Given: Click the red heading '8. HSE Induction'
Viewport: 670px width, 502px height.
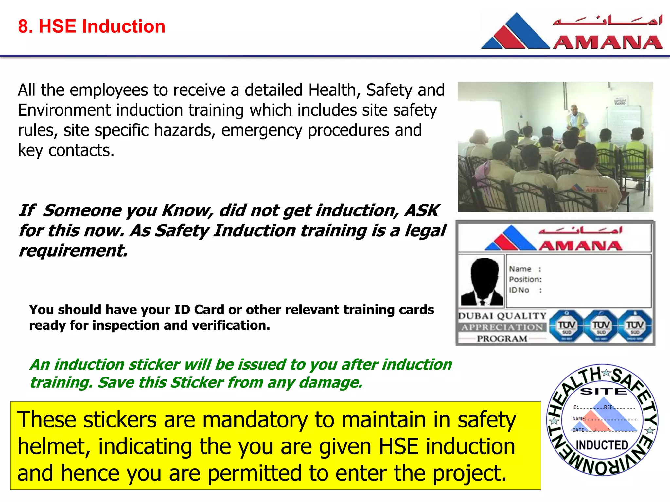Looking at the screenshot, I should (92, 26).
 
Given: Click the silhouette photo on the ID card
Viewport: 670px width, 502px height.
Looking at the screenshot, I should (482, 281).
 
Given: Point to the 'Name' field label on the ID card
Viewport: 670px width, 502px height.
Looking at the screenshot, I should (520, 269).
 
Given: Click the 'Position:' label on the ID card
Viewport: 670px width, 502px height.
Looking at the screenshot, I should (525, 279).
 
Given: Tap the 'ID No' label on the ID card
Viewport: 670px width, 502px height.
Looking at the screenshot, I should (519, 290).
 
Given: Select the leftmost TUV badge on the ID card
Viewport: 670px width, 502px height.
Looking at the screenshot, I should (566, 326).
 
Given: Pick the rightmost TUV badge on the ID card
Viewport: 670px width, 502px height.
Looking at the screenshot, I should (635, 326).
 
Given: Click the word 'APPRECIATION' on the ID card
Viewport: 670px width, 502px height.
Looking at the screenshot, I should (502, 327).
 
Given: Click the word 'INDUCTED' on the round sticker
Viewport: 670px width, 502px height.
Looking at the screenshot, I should (602, 445).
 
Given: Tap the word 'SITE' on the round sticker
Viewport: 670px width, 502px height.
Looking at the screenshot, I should (603, 392).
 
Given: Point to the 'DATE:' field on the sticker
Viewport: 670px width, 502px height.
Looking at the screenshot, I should (578, 430).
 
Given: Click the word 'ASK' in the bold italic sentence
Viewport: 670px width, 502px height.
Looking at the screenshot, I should (422, 210).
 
